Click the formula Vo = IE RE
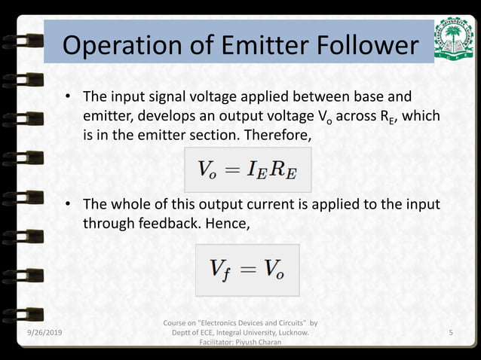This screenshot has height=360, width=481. coord(247,169)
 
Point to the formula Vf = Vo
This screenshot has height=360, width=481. coord(247,269)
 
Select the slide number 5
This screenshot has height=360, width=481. coord(450,332)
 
